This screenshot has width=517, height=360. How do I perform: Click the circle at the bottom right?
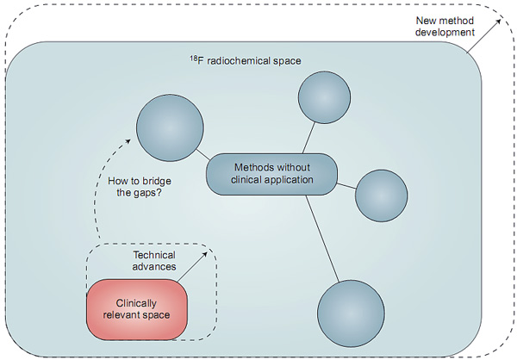click(x=350, y=312)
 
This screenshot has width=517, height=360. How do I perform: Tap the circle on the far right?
click(x=380, y=195)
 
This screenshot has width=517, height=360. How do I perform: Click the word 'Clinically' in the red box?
click(x=137, y=302)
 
